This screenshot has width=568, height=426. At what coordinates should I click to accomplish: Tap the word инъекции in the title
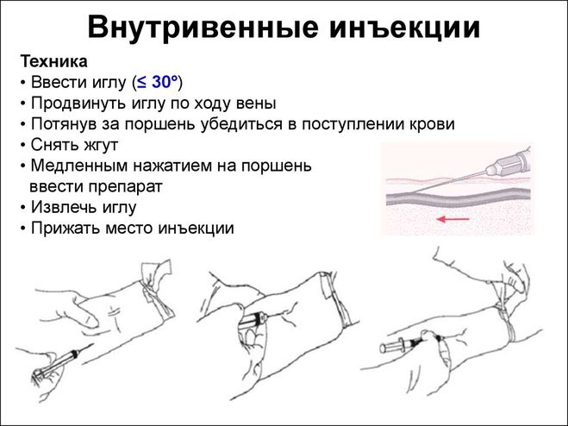click(404, 28)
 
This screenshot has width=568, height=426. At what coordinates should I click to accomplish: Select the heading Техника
click(54, 61)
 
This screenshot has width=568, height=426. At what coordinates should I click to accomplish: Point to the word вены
click(257, 103)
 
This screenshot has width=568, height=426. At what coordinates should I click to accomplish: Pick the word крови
click(432, 124)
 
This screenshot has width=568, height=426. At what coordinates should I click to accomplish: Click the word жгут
click(101, 146)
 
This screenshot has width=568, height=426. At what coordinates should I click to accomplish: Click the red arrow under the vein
click(453, 219)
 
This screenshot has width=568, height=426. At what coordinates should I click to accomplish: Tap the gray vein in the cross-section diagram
click(459, 198)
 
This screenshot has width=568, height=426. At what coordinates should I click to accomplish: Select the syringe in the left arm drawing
click(61, 360)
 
